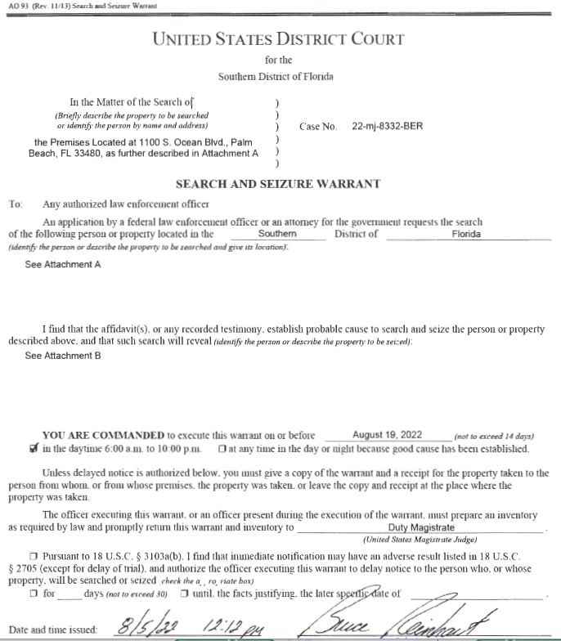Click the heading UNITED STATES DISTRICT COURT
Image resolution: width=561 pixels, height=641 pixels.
(x=277, y=38)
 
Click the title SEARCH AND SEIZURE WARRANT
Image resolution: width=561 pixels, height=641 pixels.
(x=277, y=184)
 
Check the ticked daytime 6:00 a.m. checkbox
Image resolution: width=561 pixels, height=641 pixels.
(x=32, y=449)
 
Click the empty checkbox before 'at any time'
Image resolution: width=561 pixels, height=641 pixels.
(x=223, y=450)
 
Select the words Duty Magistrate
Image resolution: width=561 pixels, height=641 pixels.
(x=421, y=528)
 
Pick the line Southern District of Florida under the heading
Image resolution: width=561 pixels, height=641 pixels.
(x=276, y=76)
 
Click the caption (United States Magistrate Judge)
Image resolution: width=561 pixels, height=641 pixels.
(x=422, y=540)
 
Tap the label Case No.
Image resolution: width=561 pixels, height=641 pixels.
(x=318, y=127)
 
